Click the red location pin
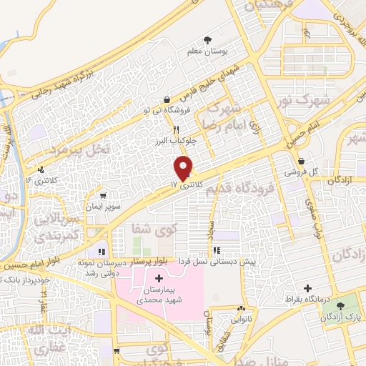pyautogui.click(x=184, y=167)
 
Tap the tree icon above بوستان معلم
pyautogui.click(x=208, y=39)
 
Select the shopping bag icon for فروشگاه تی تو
pyautogui.click(x=167, y=99)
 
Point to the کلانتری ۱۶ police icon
pyautogui.click(x=41, y=170)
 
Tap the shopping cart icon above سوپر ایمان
pyautogui.click(x=104, y=195)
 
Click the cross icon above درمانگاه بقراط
pyautogui.click(x=307, y=289)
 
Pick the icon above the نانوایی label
pyautogui.click(x=241, y=310)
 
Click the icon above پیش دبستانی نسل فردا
pyautogui.click(x=217, y=251)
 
